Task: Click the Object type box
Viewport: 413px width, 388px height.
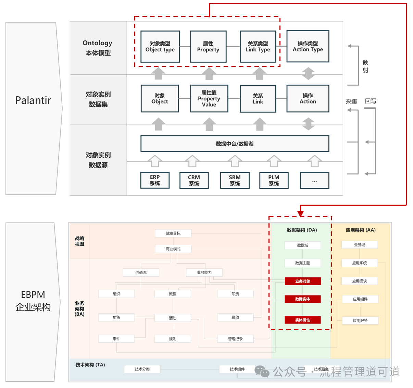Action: click(160, 47)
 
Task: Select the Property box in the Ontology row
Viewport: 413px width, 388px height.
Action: click(208, 47)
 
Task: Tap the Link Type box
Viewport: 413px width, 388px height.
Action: click(258, 47)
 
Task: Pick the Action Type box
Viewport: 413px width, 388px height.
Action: click(308, 46)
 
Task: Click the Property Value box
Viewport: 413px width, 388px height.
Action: click(209, 99)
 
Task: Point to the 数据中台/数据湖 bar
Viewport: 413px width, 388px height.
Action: click(235, 144)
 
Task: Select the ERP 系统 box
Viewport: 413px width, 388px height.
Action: click(155, 180)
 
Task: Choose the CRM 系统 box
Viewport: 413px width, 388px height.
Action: click(194, 180)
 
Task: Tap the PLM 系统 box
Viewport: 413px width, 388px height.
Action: click(274, 180)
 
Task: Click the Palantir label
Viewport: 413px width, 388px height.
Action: click(33, 100)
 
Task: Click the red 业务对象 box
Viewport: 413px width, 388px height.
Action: click(303, 281)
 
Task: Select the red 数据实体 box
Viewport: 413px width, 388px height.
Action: click(303, 299)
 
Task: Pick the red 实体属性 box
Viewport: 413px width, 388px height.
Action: click(303, 320)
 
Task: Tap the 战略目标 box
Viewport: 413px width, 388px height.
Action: click(173, 233)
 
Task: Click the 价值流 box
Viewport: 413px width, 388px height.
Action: click(141, 272)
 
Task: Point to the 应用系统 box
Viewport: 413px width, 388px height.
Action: click(360, 263)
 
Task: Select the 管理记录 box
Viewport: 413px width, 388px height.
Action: click(235, 339)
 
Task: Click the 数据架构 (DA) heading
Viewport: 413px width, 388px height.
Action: click(302, 230)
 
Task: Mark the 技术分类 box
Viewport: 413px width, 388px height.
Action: click(142, 369)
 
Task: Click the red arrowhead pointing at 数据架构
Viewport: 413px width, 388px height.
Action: click(301, 214)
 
